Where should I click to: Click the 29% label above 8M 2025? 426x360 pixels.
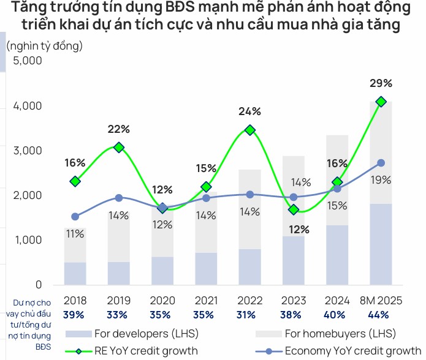[x=381, y=83]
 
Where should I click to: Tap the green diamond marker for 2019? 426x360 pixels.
[x=119, y=148]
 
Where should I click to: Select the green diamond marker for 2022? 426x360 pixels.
[x=249, y=130]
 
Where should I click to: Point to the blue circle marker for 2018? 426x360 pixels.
[x=75, y=217]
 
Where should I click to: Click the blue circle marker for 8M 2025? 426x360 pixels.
[x=381, y=163]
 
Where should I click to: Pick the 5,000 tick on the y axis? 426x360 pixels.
[x=27, y=61]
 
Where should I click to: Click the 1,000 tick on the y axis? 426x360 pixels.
[x=27, y=241]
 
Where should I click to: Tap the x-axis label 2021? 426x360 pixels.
[x=206, y=301]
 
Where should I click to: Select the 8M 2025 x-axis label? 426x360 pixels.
[x=380, y=301]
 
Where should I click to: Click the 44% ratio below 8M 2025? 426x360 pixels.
[x=381, y=315]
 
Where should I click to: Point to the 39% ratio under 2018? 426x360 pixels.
[x=75, y=315]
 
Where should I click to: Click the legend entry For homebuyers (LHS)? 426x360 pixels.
[x=340, y=334]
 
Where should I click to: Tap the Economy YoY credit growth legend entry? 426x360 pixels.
[x=347, y=351]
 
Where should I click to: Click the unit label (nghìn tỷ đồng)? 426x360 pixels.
[x=44, y=45]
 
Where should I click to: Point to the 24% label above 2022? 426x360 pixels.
[x=249, y=111]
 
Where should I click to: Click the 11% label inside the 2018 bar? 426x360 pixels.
[x=75, y=234]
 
